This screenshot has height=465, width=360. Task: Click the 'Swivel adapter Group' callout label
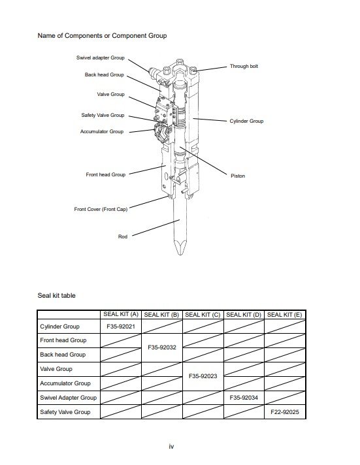[101, 57]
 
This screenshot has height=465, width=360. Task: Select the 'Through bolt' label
[244, 66]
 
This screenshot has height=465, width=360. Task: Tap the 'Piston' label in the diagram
[238, 176]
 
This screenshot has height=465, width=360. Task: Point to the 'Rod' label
[123, 236]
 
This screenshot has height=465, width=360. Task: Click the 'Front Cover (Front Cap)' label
[101, 209]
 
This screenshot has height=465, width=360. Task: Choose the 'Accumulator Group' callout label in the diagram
[102, 131]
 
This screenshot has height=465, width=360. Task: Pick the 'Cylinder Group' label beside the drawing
[246, 121]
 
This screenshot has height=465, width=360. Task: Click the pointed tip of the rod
[180, 255]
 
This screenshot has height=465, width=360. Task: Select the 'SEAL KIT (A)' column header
[121, 314]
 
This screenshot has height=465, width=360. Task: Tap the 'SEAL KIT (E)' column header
[285, 315]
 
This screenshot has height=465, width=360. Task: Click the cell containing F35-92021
[121, 327]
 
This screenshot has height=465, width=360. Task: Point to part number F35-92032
[162, 347]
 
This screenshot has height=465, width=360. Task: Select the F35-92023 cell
[203, 376]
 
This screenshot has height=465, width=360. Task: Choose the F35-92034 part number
[244, 398]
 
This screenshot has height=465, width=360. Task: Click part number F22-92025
[285, 412]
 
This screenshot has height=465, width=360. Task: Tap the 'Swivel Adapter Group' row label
[69, 398]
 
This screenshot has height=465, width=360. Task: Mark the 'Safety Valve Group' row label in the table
[65, 412]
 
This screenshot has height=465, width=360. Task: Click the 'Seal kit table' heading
[57, 295]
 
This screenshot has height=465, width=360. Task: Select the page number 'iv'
[171, 446]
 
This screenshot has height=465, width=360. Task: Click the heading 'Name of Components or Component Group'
[102, 35]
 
